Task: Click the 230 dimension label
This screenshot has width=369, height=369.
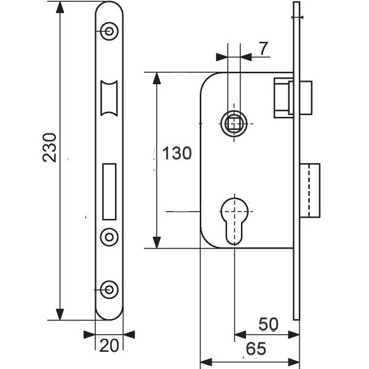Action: click(x=50, y=148)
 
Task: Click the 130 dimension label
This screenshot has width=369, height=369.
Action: click(x=177, y=153)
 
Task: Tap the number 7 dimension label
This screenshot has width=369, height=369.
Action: click(x=264, y=49)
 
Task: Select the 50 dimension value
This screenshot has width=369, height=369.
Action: click(x=268, y=324)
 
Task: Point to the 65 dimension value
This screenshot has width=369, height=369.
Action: click(x=256, y=349)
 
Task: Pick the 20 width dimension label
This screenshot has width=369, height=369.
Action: click(x=109, y=346)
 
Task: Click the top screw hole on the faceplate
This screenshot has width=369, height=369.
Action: click(x=109, y=31)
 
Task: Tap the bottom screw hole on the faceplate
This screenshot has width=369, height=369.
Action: click(x=109, y=290)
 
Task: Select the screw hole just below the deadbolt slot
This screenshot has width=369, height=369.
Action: click(x=109, y=237)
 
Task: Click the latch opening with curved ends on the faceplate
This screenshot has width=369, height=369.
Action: click(x=109, y=98)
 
